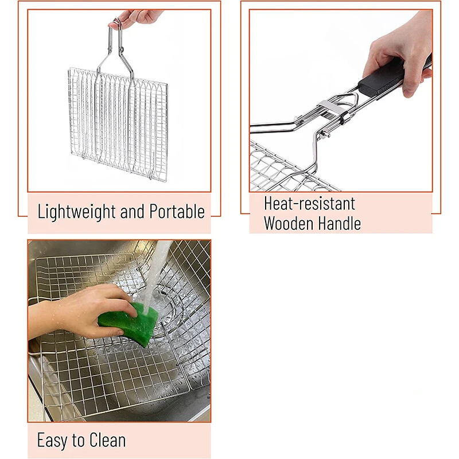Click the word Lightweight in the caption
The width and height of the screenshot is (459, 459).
(x=77, y=211)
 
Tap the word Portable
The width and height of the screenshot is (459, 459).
(x=177, y=211)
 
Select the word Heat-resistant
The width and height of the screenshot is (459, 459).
(x=309, y=203)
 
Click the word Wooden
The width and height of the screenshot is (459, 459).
(x=289, y=223)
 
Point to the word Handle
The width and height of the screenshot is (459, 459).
(x=340, y=223)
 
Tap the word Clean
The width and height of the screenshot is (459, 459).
(x=107, y=439)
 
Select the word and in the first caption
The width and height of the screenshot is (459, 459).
(x=133, y=211)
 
